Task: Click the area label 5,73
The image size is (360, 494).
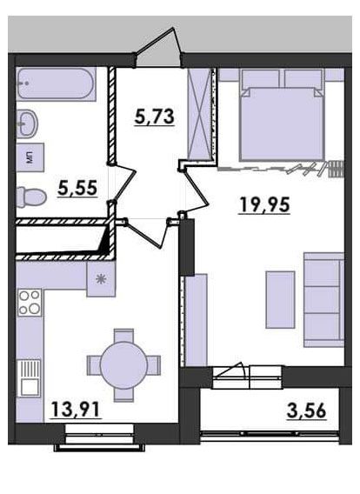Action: pyautogui.click(x=154, y=117)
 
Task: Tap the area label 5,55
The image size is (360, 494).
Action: pyautogui.click(x=77, y=188)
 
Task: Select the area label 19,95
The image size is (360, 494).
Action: pyautogui.click(x=264, y=204)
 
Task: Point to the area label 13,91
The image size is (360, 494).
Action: pyautogui.click(x=76, y=410)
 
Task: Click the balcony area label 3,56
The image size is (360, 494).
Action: pyautogui.click(x=306, y=411)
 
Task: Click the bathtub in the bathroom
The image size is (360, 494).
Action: pyautogui.click(x=57, y=84)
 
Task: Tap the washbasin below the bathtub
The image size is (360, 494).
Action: pyautogui.click(x=27, y=123)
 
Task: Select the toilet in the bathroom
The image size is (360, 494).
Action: pyautogui.click(x=31, y=197)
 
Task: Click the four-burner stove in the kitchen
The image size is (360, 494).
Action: pyautogui.click(x=30, y=303)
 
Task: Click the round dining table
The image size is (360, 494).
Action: pyautogui.click(x=123, y=365)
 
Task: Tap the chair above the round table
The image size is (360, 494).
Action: pyautogui.click(x=123, y=336)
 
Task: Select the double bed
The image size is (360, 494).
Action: pyautogui.click(x=283, y=115)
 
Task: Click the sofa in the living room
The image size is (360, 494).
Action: pyautogui.click(x=323, y=299)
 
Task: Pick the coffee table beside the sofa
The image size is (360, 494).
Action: pyautogui.click(x=280, y=299)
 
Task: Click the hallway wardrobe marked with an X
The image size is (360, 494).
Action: pyautogui.click(x=199, y=114)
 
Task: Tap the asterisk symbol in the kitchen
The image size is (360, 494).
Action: pyautogui.click(x=101, y=279)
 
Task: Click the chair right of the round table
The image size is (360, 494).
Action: pyautogui.click(x=154, y=365)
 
